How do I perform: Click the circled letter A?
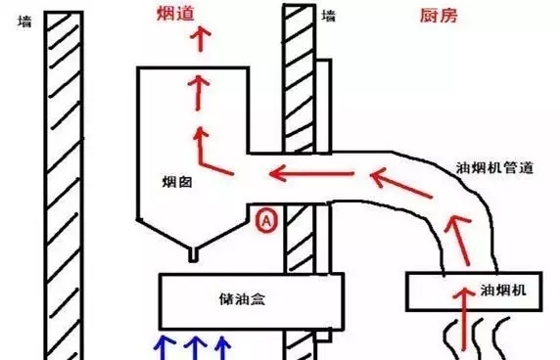click(x=264, y=221)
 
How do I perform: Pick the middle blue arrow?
click(x=194, y=346)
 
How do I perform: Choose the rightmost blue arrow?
click(x=224, y=346)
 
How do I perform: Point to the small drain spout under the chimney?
click(x=192, y=254)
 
